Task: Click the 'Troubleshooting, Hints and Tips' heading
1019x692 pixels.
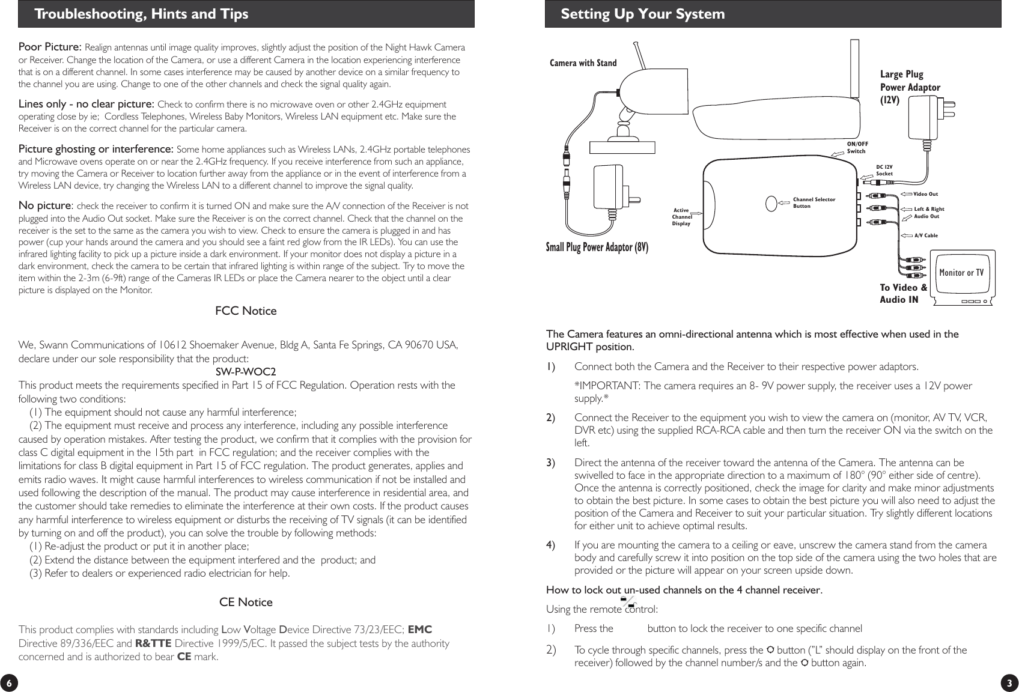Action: coord(141,14)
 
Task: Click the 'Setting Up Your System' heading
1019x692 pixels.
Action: coord(642,14)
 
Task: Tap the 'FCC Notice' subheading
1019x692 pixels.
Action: coord(246,311)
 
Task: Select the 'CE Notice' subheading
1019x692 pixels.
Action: coord(246,602)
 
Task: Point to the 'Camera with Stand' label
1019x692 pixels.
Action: coord(583,63)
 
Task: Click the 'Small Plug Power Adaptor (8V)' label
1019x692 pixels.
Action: coord(597,247)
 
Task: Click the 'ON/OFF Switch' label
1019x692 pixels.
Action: coord(857,147)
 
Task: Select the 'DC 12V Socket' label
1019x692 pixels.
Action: coord(884,170)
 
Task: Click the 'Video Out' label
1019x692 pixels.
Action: coord(925,194)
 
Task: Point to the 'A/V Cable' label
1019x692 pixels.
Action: coord(925,235)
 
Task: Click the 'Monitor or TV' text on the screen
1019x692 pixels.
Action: coord(961,273)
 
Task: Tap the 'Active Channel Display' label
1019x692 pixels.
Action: coord(681,217)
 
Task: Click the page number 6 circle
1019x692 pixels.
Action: coord(8,683)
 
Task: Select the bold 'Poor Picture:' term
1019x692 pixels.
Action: coord(50,47)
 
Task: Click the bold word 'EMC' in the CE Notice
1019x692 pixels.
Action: coord(419,630)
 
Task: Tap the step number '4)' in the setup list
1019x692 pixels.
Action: coord(550,545)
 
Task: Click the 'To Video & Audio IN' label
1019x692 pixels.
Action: coord(903,293)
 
